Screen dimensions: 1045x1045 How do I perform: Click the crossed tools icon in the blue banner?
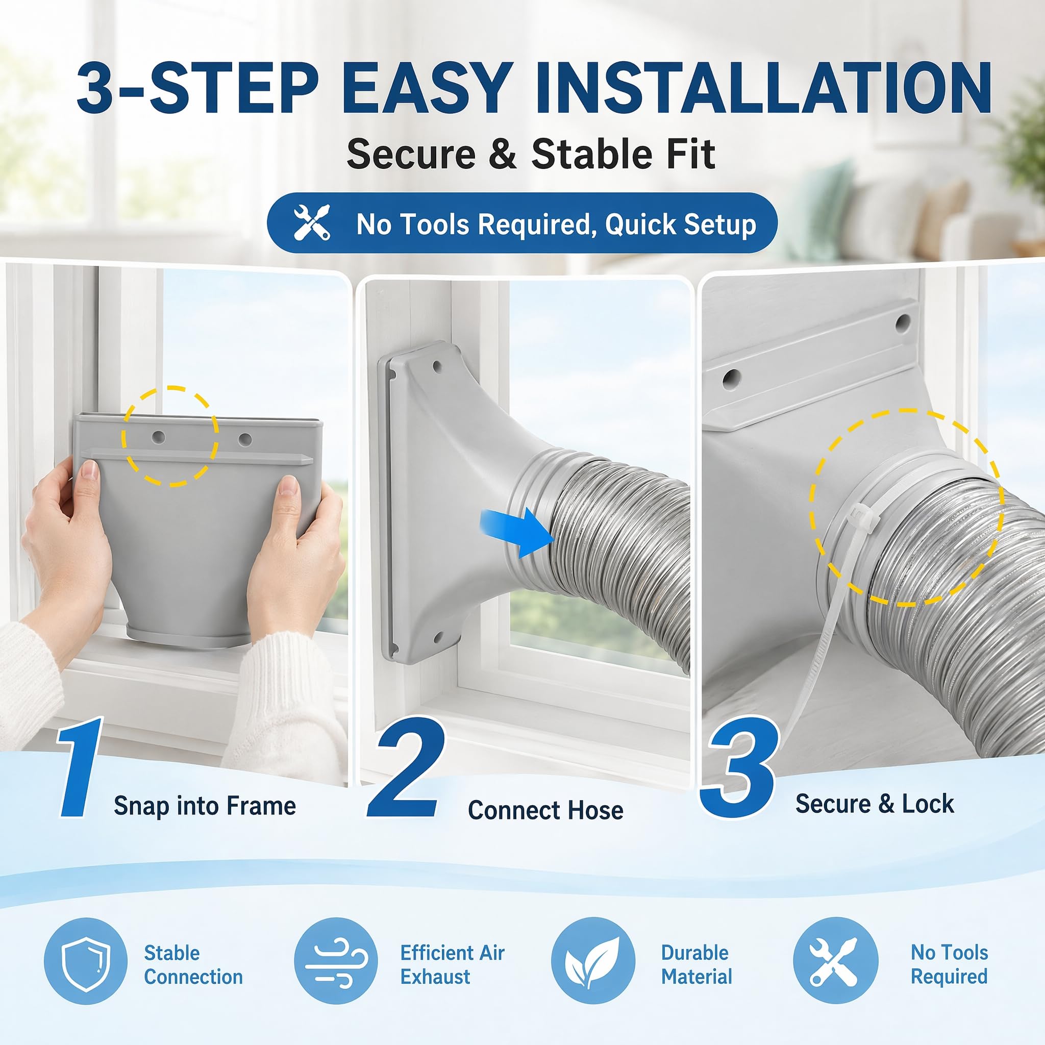coord(312,223)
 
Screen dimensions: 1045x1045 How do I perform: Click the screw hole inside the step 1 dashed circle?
coord(159,436)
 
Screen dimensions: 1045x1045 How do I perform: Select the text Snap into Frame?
coord(205,806)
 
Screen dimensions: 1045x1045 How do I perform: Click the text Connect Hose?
coord(545,810)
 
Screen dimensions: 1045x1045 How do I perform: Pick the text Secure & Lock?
coord(875,804)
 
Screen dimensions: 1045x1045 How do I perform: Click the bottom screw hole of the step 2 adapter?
coord(438,636)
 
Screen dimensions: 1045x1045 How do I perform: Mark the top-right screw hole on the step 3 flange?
coord(902,324)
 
